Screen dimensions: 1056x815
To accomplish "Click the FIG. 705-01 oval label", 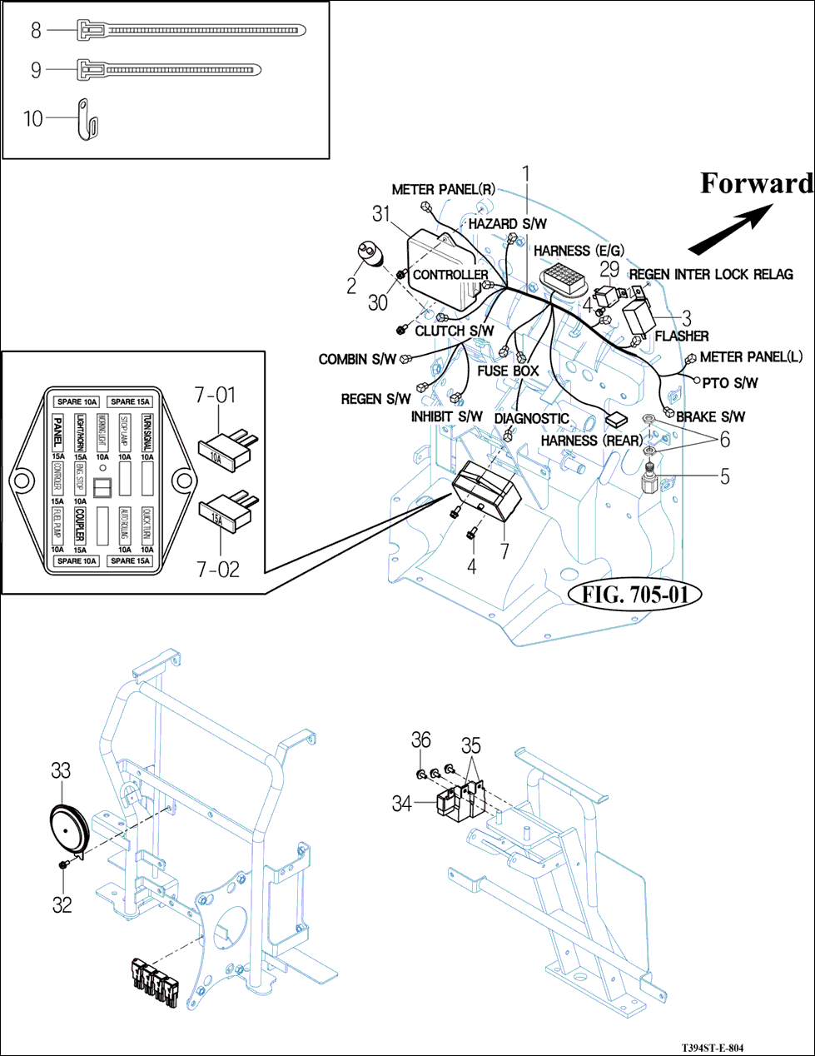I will click(x=635, y=594).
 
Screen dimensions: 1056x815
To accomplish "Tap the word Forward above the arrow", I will click(x=756, y=183).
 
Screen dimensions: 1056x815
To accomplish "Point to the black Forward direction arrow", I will click(x=730, y=232).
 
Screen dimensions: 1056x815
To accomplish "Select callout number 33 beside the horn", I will click(x=61, y=770).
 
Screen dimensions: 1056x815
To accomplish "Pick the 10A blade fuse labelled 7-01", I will click(x=221, y=449).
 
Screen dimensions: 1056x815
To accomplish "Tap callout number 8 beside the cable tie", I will click(x=36, y=31).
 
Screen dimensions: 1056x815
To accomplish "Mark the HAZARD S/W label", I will click(x=507, y=224).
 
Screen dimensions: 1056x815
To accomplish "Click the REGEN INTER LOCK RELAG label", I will click(x=711, y=274).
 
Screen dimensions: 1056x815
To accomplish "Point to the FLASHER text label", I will click(x=682, y=336).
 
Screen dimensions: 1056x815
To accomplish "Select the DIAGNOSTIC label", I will click(x=531, y=418).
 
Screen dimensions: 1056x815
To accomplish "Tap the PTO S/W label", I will click(x=730, y=383).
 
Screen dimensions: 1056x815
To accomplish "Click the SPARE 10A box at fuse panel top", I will click(x=77, y=401).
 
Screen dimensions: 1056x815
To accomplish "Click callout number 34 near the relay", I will click(x=402, y=804).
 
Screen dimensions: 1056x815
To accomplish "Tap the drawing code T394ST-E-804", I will click(x=713, y=1048).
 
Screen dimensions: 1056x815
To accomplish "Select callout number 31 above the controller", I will click(x=381, y=214).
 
